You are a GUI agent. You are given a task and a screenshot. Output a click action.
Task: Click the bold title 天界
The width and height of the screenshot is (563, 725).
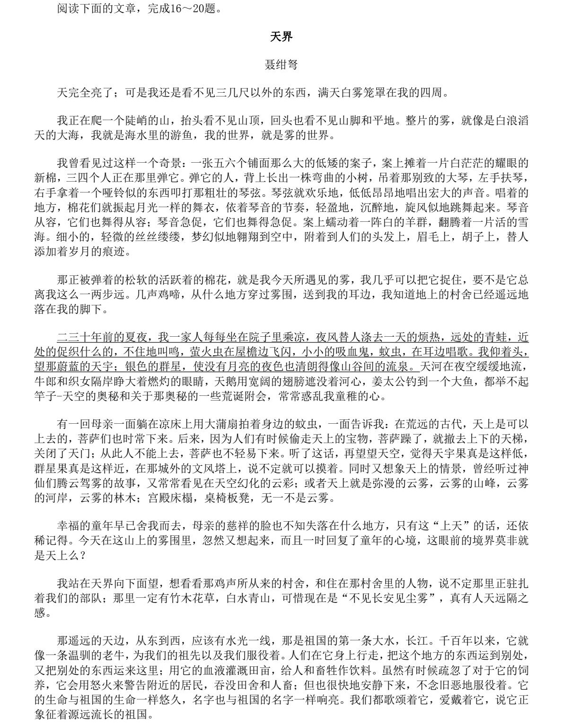pos(281,36)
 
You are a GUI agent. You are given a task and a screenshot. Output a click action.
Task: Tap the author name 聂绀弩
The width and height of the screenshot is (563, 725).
pos(281,65)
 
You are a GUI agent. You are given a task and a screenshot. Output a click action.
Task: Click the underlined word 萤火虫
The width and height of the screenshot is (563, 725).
pos(203,352)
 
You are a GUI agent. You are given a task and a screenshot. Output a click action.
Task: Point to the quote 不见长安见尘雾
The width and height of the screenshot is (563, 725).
pos(389,598)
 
